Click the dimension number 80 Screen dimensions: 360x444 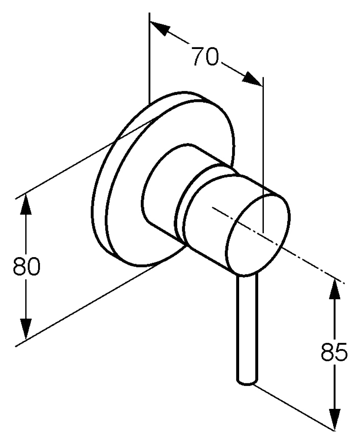pos(26,266)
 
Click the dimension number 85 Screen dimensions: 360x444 pos(334,352)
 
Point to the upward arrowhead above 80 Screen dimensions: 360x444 pos(26,204)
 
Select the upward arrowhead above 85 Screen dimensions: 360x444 pos(335,289)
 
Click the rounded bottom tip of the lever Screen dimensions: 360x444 pos(247,383)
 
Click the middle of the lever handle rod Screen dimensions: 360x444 pos(247,329)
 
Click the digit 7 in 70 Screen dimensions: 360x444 pos(198,56)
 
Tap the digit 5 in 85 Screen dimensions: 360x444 pos(342,352)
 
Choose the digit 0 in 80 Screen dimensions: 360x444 pos(34,266)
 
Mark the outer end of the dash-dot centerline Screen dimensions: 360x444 pos(344,283)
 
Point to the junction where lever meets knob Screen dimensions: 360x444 pos(247,275)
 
